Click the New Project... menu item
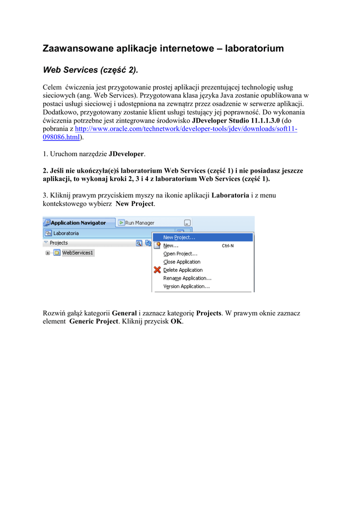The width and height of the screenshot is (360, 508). coord(179,238)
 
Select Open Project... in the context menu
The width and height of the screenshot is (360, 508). coord(180,254)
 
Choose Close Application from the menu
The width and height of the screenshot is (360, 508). coord(182,262)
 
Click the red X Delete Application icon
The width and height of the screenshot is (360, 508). coord(157,270)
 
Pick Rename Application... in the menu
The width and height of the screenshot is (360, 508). coord(187,278)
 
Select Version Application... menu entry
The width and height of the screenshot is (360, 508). coord(186,286)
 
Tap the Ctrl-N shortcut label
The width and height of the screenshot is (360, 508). coord(228,246)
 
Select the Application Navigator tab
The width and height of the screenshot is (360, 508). coord(78,223)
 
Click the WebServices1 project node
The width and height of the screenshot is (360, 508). coord(77,253)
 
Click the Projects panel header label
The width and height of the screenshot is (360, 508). coord(59,243)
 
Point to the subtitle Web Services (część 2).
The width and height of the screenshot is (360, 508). coord(90,70)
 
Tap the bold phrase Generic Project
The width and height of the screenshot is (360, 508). coord(93,321)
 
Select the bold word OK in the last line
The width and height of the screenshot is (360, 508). coord(176,321)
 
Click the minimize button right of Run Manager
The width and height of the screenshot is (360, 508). coord(187,223)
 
